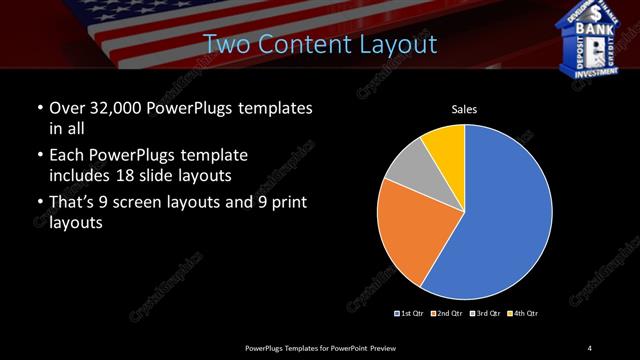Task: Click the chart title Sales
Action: [465, 109]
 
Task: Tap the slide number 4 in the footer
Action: [590, 347]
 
